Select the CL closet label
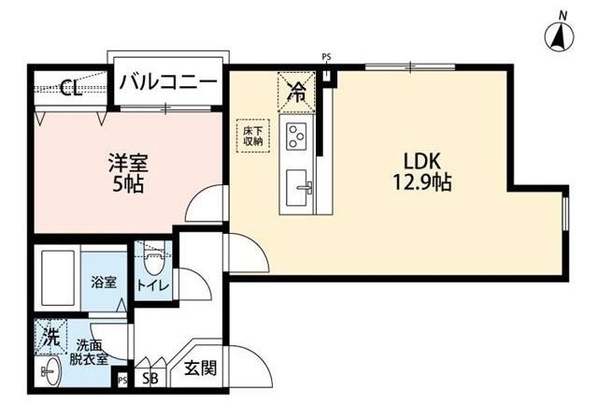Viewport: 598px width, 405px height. tap(69, 89)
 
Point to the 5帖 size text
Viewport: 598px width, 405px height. tap(127, 183)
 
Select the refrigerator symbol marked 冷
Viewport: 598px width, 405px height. tap(297, 91)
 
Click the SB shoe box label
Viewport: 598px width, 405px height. tap(149, 379)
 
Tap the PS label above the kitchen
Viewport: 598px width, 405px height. tap(326, 57)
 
